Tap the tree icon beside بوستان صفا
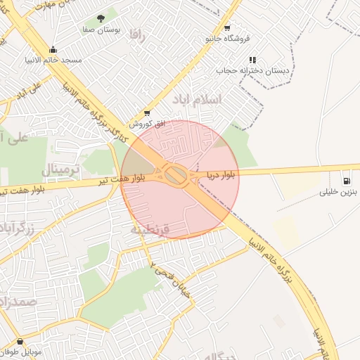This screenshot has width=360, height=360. (102, 18)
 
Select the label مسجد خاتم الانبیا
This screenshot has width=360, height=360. (53, 60)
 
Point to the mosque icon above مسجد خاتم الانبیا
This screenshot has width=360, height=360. (53, 49)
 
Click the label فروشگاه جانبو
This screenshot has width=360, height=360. (226, 39)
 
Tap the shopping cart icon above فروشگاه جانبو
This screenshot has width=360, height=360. (226, 28)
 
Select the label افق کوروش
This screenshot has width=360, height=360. (147, 123)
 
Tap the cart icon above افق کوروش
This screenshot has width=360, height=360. (146, 112)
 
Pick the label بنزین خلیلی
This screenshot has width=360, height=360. (340, 191)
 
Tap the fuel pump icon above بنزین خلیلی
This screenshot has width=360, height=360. (346, 180)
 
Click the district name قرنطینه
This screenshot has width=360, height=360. (151, 229)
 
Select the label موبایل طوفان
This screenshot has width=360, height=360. (23, 352)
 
